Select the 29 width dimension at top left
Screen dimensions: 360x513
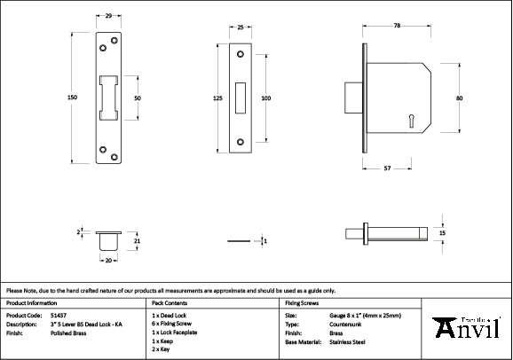tap(108, 17)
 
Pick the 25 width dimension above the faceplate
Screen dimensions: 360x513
tap(241, 28)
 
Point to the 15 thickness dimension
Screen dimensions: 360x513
tap(442, 232)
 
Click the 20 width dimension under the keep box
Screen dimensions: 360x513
tap(108, 261)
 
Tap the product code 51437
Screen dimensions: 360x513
tap(59, 315)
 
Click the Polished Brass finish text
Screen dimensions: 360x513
tap(68, 333)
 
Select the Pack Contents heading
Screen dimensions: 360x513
tap(170, 303)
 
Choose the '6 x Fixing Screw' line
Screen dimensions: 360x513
tap(172, 324)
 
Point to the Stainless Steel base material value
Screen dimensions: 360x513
tap(349, 341)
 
